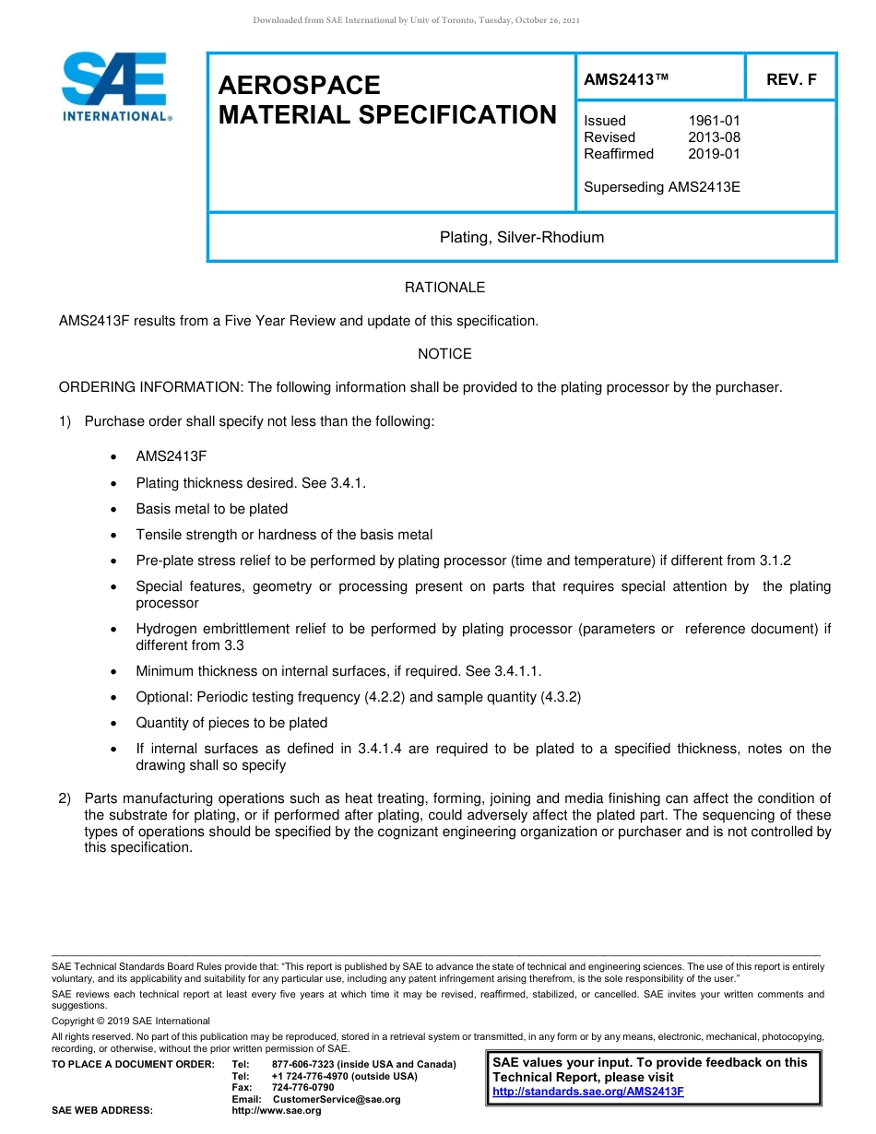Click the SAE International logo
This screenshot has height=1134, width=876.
click(x=115, y=87)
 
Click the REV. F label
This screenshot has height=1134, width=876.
click(x=791, y=80)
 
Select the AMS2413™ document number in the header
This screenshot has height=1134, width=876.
click(x=626, y=80)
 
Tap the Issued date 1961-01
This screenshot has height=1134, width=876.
click(x=714, y=121)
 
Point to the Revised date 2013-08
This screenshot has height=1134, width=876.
click(x=714, y=137)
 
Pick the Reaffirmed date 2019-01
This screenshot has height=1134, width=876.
click(x=714, y=154)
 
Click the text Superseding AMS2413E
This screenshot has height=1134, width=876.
click(x=662, y=187)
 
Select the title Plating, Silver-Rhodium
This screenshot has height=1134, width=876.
click(x=522, y=238)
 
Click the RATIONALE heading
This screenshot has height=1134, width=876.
click(x=444, y=288)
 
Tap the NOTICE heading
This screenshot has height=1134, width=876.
click(x=444, y=354)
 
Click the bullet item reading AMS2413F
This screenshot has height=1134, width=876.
click(x=172, y=456)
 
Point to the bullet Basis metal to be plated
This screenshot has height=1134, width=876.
click(x=211, y=509)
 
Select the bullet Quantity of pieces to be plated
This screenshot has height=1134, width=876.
click(x=231, y=723)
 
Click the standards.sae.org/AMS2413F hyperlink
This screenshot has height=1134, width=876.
click(x=588, y=1092)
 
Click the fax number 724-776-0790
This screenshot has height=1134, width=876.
click(x=302, y=1088)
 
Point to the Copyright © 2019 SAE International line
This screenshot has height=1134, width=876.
click(x=131, y=1021)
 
